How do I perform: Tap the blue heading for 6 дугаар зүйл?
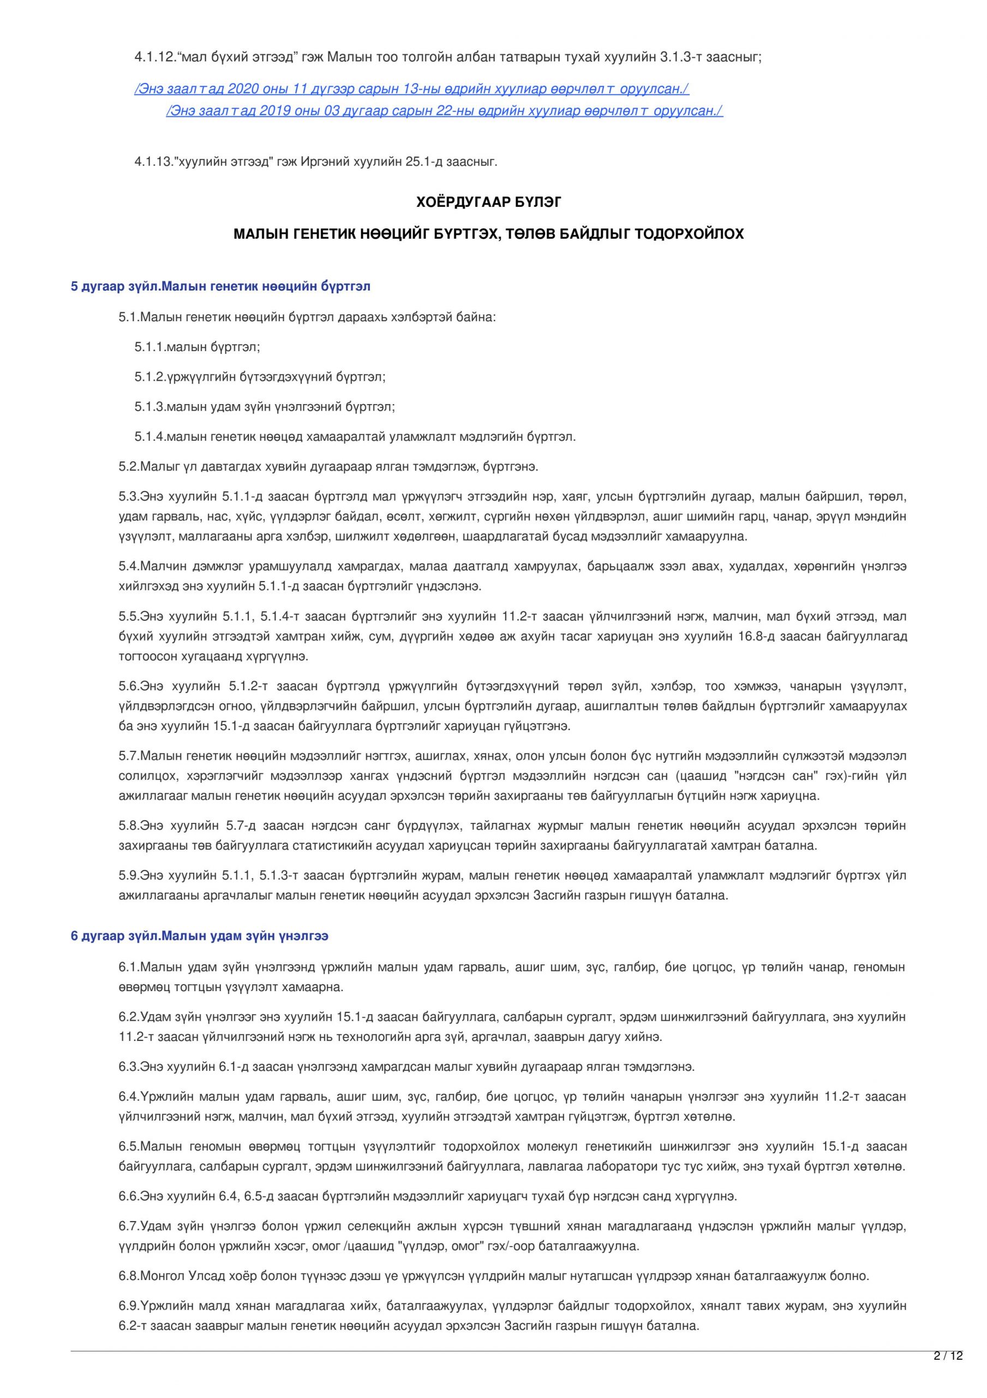(200, 936)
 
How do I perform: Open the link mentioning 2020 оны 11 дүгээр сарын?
(411, 89)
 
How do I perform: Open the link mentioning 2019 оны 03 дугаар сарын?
(444, 111)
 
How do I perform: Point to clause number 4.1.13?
(149, 162)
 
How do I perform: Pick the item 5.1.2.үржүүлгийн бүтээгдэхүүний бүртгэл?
(260, 377)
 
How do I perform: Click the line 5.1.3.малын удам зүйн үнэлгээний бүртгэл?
(265, 407)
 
